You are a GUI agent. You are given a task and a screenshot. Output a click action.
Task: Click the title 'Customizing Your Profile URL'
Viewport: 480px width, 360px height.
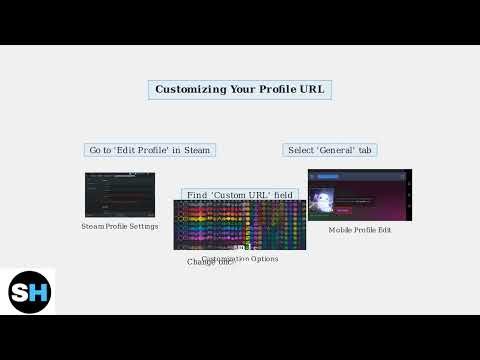pos(239,89)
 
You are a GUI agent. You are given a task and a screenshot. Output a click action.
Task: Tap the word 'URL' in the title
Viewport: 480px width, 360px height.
pos(311,89)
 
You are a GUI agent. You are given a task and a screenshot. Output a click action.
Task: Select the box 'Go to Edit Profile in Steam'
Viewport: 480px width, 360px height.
pos(150,150)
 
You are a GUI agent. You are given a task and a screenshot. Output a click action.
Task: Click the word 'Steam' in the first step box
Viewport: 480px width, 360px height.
pos(197,150)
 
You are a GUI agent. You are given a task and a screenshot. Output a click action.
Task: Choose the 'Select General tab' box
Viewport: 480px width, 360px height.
pos(330,150)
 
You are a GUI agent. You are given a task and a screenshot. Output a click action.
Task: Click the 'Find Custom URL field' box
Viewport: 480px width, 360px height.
pos(240,195)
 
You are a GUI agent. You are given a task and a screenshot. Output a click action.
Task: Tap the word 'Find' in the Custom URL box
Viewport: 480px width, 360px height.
pos(197,195)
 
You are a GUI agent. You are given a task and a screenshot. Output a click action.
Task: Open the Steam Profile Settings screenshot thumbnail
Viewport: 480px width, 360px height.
pos(120,194)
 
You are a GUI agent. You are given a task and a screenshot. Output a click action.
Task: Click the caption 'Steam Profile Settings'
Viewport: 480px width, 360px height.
pos(120,226)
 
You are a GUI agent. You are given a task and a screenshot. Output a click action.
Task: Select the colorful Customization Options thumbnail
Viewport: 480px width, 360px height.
pos(240,225)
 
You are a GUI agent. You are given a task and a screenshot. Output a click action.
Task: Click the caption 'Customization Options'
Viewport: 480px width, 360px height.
pos(240,258)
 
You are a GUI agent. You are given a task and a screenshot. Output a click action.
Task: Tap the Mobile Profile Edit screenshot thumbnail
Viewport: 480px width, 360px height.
pos(359,194)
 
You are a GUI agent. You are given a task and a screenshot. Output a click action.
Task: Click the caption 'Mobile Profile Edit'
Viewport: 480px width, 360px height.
pos(359,230)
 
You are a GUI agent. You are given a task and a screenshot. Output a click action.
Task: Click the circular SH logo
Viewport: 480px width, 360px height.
pos(29,292)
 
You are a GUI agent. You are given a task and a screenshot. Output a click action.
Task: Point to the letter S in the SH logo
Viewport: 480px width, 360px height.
pos(21,292)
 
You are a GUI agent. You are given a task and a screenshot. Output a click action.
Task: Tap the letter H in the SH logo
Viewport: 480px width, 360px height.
pos(37,292)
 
